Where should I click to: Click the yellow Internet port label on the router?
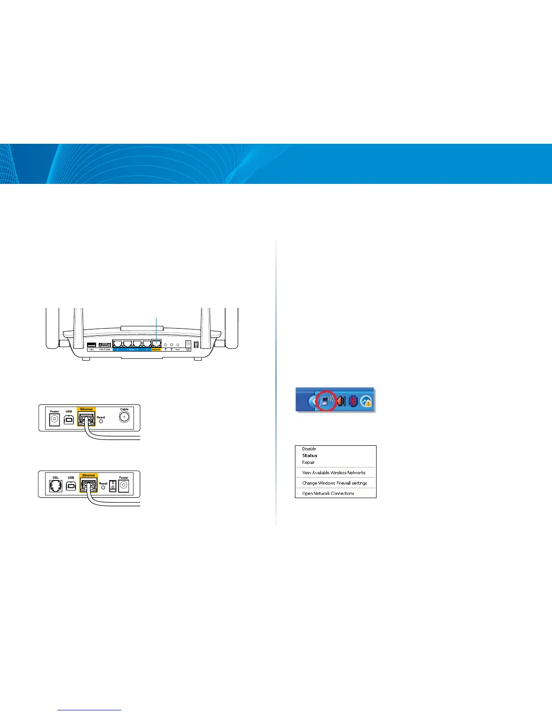[156, 349]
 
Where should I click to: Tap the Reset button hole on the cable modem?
[101, 422]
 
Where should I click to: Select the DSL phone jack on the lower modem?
[56, 486]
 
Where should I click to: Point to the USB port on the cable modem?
[69, 420]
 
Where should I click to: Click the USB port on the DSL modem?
[71, 486]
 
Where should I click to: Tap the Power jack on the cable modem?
[55, 420]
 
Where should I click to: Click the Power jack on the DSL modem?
[124, 486]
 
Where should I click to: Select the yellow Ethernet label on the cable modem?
[86, 409]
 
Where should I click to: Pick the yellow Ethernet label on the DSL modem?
[88, 476]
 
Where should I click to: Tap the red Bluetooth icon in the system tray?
[353, 400]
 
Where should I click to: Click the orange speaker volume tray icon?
[340, 400]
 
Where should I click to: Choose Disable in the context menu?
[309, 449]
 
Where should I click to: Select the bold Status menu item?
[310, 456]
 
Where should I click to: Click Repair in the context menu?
[308, 462]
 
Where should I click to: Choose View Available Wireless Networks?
[334, 473]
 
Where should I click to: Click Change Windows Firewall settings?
[335, 483]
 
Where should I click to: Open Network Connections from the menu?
[328, 494]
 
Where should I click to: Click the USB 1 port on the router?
[91, 345]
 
